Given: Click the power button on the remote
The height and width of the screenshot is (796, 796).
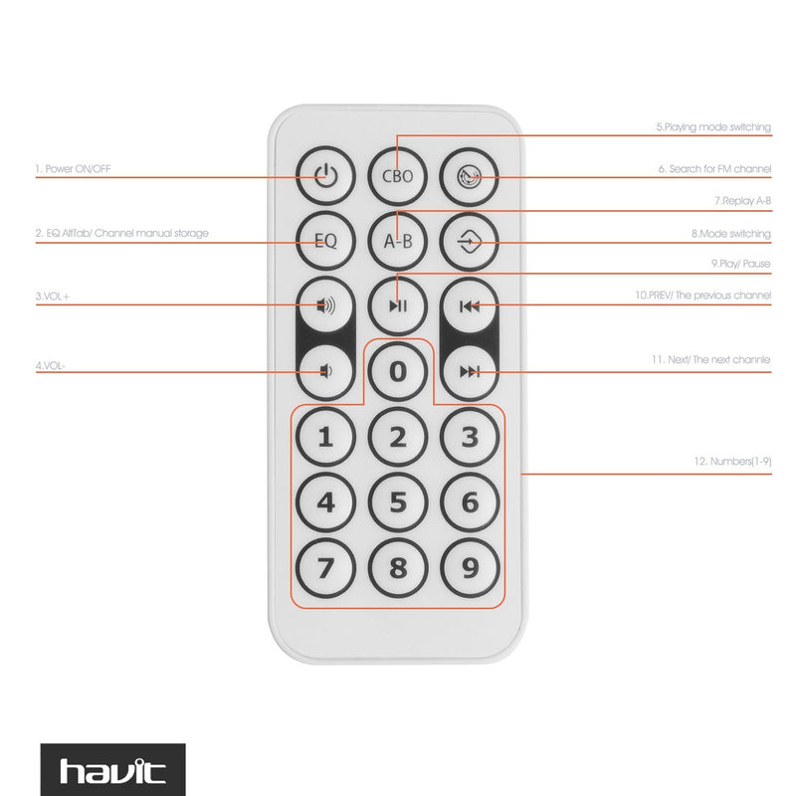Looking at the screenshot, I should coord(325,177).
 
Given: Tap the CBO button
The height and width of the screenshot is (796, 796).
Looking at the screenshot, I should coord(397,177).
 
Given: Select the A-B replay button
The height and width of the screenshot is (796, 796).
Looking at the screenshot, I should coord(397,240).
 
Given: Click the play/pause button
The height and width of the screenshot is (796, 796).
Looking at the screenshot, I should coord(397,304).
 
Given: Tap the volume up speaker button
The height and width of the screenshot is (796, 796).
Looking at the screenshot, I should coord(325,304).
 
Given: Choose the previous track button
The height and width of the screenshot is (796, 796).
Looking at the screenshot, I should coord(470,304).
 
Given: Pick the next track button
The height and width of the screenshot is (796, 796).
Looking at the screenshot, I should coord(470,371).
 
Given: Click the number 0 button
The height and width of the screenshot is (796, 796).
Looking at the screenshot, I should coord(397,371).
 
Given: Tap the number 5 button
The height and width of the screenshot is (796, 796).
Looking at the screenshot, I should coord(397,501).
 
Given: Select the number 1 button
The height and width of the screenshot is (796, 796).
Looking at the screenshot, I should coord(325,436).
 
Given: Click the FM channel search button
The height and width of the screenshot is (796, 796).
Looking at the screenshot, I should coord(470,177).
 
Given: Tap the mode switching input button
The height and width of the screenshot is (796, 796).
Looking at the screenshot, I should coord(470,240).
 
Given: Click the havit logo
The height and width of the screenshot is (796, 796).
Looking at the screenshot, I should coord(112,770).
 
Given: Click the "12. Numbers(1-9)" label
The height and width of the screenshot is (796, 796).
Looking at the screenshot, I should coord(732,462).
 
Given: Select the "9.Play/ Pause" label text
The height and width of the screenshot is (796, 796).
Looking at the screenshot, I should coord(740,264).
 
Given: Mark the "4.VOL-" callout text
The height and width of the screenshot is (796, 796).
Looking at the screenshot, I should coord(51,365).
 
